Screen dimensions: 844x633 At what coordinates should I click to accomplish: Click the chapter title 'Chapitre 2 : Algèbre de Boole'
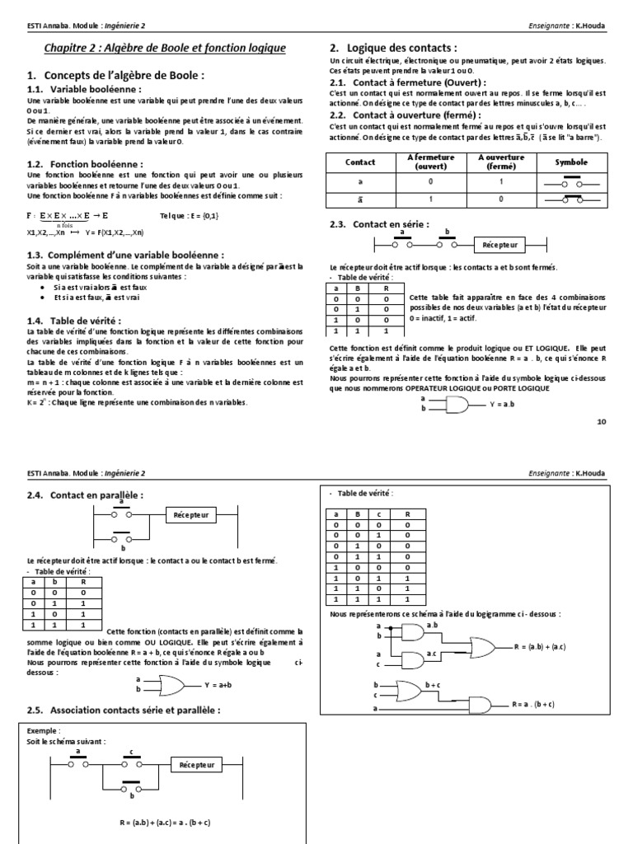click(x=165, y=49)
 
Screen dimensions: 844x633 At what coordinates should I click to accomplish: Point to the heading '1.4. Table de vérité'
click(x=87, y=320)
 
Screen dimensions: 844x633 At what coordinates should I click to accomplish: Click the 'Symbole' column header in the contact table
click(x=571, y=163)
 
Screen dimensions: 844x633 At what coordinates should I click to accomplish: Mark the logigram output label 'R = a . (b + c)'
click(x=532, y=705)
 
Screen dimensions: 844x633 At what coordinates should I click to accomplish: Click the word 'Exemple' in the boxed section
click(x=43, y=730)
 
